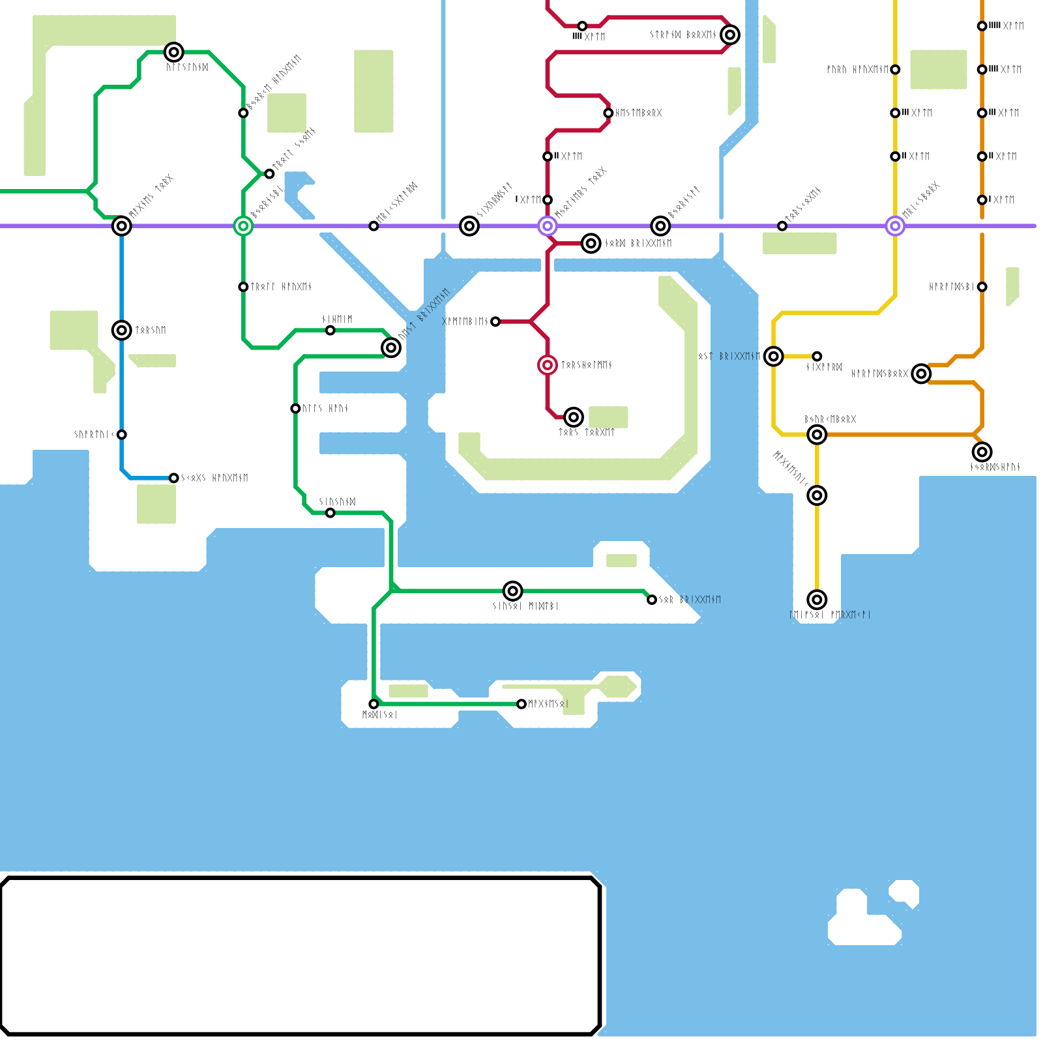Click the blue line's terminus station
(x=173, y=478)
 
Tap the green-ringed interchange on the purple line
(x=243, y=226)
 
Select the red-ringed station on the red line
(x=548, y=365)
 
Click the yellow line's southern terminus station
(x=817, y=600)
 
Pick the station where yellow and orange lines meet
(x=817, y=434)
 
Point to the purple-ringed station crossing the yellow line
(x=895, y=226)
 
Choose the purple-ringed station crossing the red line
(x=548, y=226)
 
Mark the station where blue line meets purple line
(x=122, y=226)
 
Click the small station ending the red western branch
(x=495, y=321)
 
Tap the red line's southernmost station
(x=574, y=417)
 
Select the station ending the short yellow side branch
(x=817, y=357)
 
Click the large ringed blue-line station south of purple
(x=122, y=331)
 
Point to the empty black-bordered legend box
(x=300, y=956)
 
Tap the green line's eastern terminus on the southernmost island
(x=521, y=704)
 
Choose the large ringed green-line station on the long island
(x=513, y=591)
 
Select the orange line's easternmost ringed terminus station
(x=982, y=452)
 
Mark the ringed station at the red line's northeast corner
(x=730, y=35)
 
